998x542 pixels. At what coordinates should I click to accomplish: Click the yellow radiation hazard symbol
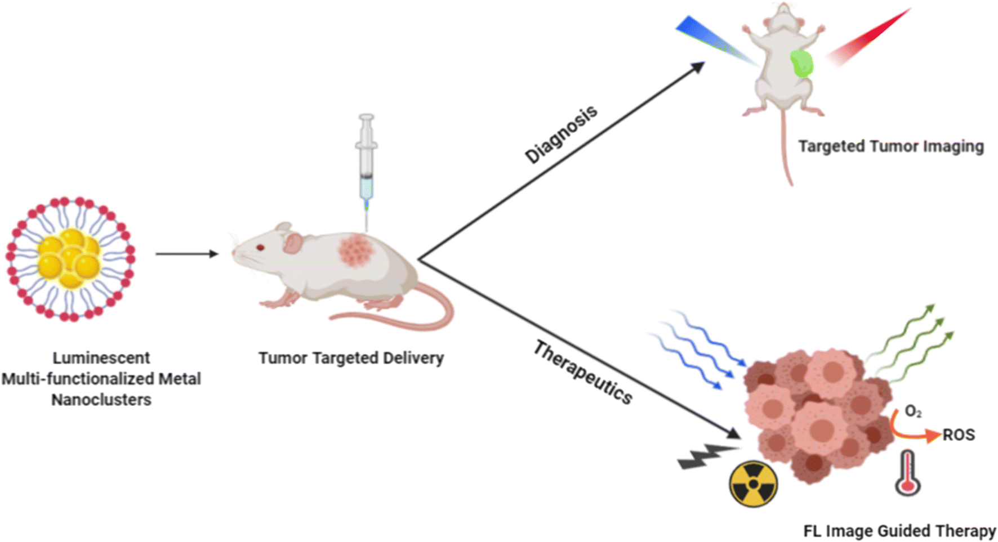point(753,483)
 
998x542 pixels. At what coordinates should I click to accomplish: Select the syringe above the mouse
point(366,163)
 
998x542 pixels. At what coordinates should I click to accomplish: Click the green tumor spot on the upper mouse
point(801,64)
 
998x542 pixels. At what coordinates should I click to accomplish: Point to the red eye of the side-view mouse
point(260,247)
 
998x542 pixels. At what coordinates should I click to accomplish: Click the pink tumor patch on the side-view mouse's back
point(357,250)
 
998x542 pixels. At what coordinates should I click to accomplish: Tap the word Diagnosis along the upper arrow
point(561,135)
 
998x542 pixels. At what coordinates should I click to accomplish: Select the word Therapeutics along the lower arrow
point(583,372)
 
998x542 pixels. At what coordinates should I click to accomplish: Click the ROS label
point(959,435)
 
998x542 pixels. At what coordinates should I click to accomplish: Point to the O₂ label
point(913,412)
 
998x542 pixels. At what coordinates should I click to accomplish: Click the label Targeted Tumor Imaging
point(891,146)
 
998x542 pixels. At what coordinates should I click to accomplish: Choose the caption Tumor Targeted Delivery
point(351,358)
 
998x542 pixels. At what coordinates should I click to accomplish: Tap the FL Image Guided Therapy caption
point(899,531)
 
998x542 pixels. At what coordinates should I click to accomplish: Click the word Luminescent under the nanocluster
point(101,358)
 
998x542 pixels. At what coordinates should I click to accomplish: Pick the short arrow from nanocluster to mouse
point(186,254)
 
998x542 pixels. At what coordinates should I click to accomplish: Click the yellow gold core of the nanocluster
point(70,257)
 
